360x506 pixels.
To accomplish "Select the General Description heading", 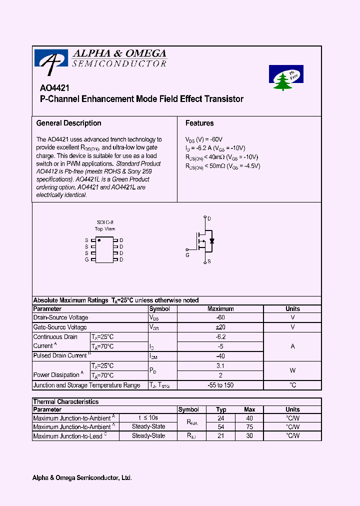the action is coord(68,123).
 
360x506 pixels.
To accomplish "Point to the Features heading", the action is coord(199,123).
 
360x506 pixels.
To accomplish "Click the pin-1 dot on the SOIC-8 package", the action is coord(99,240).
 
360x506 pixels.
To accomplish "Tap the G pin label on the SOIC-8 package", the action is coord(86,259).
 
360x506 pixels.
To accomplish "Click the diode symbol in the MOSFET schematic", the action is coord(211,241).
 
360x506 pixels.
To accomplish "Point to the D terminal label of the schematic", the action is coord(209,218).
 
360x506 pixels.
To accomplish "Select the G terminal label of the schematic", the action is coord(187,255).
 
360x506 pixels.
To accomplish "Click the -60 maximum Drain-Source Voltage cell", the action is coord(220,318).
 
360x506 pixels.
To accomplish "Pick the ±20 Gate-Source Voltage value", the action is coord(220,327).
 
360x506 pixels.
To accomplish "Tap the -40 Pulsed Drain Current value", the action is coord(220,356).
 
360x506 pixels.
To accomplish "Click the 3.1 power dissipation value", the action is coord(220,366).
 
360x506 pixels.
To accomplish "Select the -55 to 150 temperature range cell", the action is coord(220,385).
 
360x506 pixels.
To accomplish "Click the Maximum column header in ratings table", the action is coord(220,309).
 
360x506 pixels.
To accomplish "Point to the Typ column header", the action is coord(221,409).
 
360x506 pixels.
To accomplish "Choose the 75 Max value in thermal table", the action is coord(249,427).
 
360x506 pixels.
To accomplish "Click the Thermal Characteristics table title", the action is coord(65,402).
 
